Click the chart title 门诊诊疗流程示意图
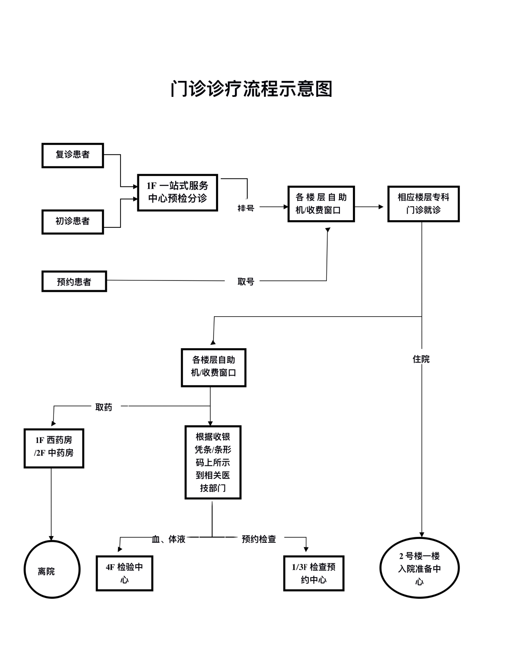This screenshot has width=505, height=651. point(251,89)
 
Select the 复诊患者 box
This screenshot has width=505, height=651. point(72,155)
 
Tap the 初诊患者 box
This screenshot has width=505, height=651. point(72,221)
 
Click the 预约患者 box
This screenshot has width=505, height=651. point(74,282)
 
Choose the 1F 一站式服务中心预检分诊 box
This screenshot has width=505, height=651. point(177,192)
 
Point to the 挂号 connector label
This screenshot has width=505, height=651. point(246,208)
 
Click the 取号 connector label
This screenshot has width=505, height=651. point(246,282)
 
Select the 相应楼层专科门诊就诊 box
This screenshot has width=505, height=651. point(423,204)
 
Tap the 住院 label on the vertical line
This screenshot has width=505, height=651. point(421,359)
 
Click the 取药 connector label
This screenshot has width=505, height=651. point(104,407)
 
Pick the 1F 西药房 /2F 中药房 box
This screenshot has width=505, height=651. point(54,448)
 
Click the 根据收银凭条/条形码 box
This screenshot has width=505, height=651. point(213,462)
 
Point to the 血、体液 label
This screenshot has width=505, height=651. point(168,539)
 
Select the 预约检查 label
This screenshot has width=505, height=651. point(259,539)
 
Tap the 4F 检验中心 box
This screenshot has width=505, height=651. point(124,573)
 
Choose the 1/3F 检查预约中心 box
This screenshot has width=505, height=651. point(313,573)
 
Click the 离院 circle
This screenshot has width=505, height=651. point(52,569)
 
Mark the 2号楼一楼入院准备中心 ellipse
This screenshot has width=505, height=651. point(419,568)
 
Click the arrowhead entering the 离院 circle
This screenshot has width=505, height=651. point(51,538)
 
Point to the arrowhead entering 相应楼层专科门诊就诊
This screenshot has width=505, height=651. point(381,207)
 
